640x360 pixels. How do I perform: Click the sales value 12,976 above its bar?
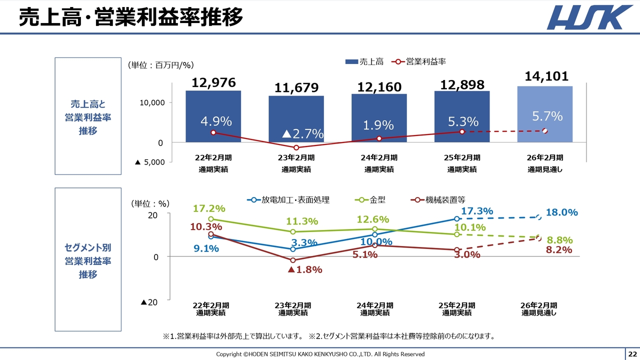coord(213,83)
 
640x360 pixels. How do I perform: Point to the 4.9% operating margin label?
coord(216,121)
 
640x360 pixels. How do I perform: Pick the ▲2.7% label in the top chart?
coord(302,134)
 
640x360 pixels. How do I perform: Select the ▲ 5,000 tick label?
coord(150,162)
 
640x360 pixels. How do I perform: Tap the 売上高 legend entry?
coord(364,61)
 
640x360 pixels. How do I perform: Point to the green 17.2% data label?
coord(209,208)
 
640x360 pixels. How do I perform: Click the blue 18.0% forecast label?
coord(561,212)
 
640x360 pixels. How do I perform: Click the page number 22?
coord(632,354)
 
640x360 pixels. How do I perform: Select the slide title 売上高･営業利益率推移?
coord(131,17)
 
